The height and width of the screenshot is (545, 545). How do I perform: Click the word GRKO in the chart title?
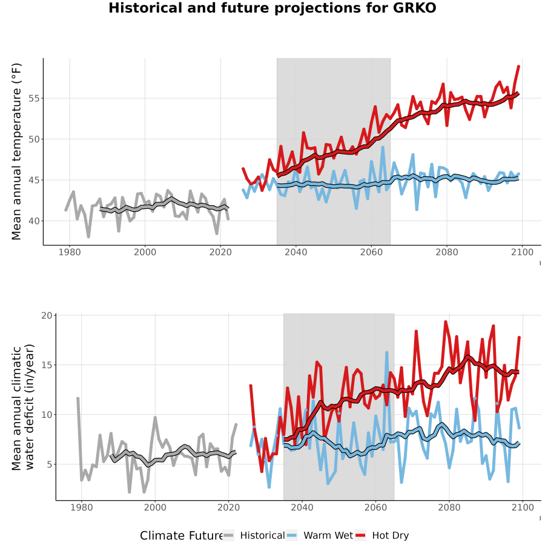[x=415, y=8]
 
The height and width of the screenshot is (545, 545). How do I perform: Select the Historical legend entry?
[x=254, y=535]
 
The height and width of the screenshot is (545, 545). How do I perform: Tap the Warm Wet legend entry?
[x=320, y=535]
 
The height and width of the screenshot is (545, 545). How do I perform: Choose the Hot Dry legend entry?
[x=382, y=535]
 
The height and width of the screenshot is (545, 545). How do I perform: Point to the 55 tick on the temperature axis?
[x=35, y=98]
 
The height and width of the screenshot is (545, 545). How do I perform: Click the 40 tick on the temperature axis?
[x=35, y=221]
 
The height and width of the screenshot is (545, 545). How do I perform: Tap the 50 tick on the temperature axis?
[x=35, y=139]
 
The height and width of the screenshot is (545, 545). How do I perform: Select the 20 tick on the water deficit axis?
[x=47, y=315]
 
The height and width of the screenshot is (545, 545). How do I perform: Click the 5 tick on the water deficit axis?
[x=50, y=464]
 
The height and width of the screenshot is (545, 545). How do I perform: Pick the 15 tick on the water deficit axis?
[x=47, y=365]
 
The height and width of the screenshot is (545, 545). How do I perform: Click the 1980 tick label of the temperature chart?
[x=70, y=252]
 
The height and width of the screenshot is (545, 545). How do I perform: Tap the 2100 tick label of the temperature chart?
[x=522, y=252]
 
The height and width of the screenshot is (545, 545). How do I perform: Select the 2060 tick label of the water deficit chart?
[x=375, y=507]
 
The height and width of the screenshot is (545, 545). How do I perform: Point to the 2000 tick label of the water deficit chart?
[x=155, y=507]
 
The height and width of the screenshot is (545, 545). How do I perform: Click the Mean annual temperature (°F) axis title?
[x=16, y=151]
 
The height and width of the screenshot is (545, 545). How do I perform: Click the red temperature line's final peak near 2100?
[x=519, y=66]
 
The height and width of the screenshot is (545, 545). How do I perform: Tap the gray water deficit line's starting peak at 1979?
[x=78, y=398]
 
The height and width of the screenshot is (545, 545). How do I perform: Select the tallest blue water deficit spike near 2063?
[x=386, y=352]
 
